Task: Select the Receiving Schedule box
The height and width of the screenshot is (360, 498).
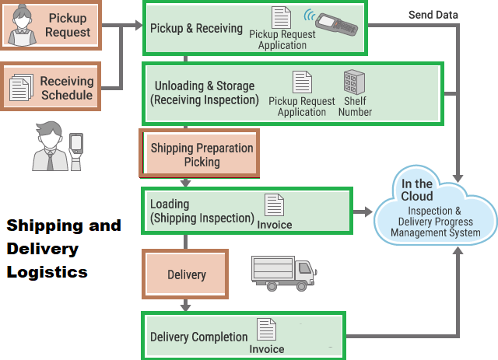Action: click(55, 87)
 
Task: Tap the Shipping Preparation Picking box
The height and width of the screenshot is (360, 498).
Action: click(200, 154)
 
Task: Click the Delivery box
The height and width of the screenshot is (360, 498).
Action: click(185, 274)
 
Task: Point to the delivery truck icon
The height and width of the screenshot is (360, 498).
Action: click(283, 270)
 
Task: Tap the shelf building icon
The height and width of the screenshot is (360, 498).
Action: click(355, 84)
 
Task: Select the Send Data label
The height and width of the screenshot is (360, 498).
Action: click(433, 15)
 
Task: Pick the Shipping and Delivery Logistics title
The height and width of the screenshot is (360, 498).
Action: click(64, 249)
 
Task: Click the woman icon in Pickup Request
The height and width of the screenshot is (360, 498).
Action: click(23, 23)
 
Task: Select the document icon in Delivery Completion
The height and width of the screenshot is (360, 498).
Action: click(267, 330)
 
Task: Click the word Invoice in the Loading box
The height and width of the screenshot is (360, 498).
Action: click(275, 225)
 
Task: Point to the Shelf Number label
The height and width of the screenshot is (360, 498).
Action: click(355, 107)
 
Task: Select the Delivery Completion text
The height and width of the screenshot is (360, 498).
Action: click(198, 337)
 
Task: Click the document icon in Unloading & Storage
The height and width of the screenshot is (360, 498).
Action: click(302, 82)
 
